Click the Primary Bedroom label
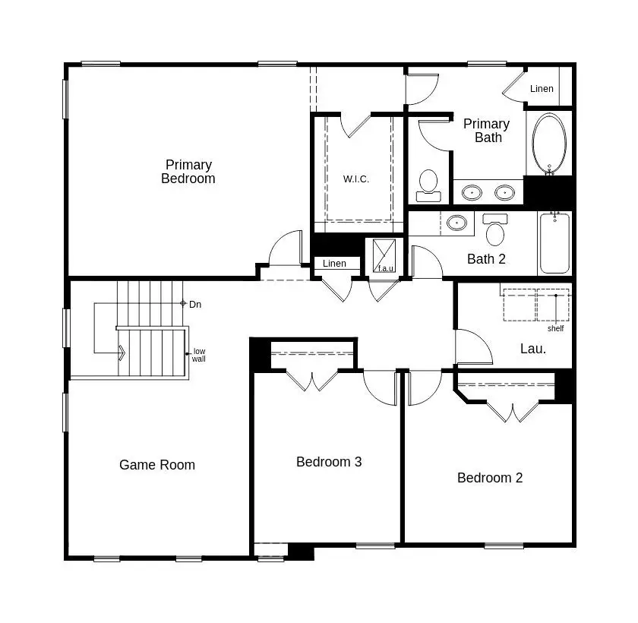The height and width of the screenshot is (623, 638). click(x=188, y=172)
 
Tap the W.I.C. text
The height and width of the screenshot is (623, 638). click(x=355, y=179)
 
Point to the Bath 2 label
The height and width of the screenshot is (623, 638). click(x=486, y=259)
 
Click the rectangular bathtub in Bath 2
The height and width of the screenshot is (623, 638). click(x=554, y=243)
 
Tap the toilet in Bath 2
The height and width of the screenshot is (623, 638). click(x=495, y=229)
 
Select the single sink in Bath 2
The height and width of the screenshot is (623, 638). click(x=456, y=223)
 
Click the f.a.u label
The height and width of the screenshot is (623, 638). click(x=386, y=268)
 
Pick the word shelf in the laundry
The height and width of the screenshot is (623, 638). click(x=555, y=329)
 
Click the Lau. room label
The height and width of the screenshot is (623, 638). click(x=533, y=349)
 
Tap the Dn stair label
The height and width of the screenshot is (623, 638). click(x=195, y=305)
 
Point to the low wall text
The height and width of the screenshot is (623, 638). click(x=199, y=355)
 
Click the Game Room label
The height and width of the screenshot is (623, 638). click(x=157, y=465)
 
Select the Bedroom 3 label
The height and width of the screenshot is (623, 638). click(x=329, y=462)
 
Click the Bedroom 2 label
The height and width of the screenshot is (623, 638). click(x=490, y=478)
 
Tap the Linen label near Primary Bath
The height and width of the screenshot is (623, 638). click(x=542, y=89)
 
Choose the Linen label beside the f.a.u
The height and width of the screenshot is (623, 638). click(x=334, y=264)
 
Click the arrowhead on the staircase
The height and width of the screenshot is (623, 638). click(x=122, y=353)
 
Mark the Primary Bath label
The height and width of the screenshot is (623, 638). click(x=487, y=131)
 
